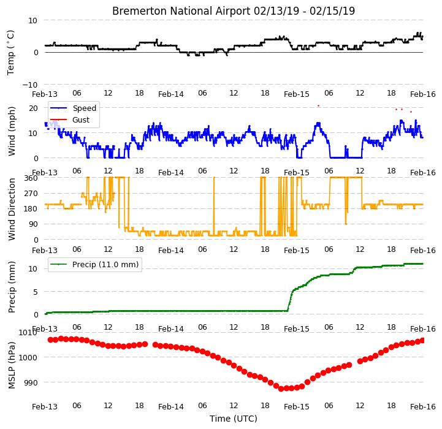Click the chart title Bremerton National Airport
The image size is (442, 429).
[181, 11]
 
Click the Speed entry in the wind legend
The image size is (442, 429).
[84, 108]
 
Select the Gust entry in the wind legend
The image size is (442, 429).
[81, 120]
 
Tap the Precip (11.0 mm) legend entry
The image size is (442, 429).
[105, 265]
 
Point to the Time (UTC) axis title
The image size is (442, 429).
[234, 419]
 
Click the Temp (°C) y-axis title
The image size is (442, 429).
[10, 53]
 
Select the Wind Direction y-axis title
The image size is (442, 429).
[12, 209]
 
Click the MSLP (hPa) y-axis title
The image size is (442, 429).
[12, 365]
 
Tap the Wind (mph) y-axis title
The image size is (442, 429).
[12, 131]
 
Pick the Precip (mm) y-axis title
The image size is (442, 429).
[12, 287]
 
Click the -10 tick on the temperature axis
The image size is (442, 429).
[30, 85]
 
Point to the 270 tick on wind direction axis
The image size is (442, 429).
[31, 194]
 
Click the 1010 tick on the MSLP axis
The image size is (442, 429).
[28, 333]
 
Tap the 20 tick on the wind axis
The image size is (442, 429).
[33, 108]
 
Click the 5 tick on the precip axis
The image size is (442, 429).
[35, 292]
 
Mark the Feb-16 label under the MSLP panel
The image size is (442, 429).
[423, 407]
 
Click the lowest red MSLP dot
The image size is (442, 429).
[281, 389]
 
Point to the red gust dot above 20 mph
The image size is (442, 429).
[319, 105]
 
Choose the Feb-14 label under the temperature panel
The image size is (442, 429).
[171, 94]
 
